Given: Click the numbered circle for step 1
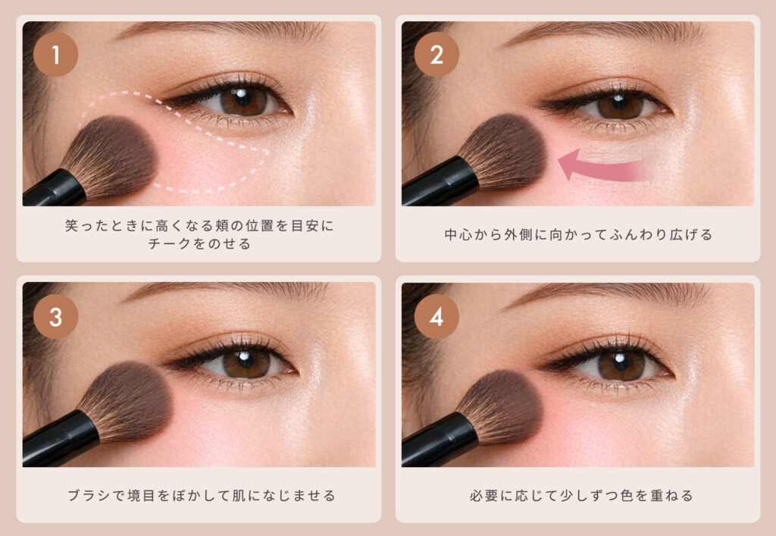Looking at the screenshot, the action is click(x=55, y=55).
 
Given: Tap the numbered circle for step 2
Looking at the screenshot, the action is click(x=436, y=55).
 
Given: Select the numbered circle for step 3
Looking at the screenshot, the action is click(x=55, y=317).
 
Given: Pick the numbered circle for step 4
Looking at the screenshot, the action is click(x=436, y=317).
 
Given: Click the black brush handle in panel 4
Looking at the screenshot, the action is click(x=440, y=440).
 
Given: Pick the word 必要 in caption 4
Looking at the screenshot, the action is click(x=484, y=495).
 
